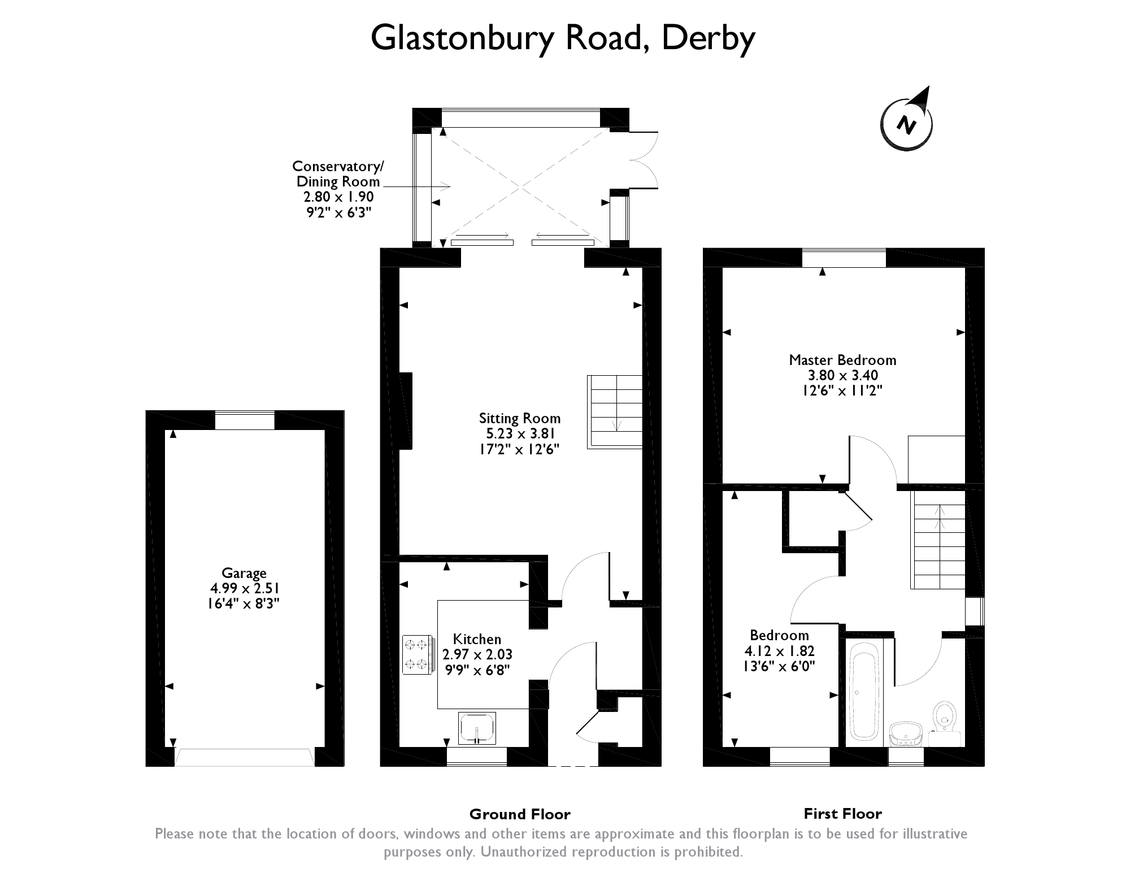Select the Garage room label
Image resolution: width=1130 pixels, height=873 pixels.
click(244, 573)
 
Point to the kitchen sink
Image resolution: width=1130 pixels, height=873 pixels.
click(477, 727)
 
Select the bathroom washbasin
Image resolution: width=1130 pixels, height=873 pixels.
click(906, 733)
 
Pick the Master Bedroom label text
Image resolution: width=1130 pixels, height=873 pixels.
click(842, 360)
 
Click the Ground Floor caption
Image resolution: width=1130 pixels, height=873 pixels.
click(520, 814)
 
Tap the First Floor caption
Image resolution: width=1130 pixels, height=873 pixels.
click(842, 814)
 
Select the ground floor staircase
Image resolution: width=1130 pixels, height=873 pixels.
click(615, 411)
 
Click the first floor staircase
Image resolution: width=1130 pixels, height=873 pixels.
click(937, 540)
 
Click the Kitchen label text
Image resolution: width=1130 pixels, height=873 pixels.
click(477, 639)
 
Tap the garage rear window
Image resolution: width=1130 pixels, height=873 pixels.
click(245, 420)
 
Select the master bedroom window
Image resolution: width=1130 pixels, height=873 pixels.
click(844, 258)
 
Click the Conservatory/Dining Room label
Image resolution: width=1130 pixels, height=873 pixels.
click(338, 174)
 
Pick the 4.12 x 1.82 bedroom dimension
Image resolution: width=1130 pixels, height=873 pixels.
click(780, 651)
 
